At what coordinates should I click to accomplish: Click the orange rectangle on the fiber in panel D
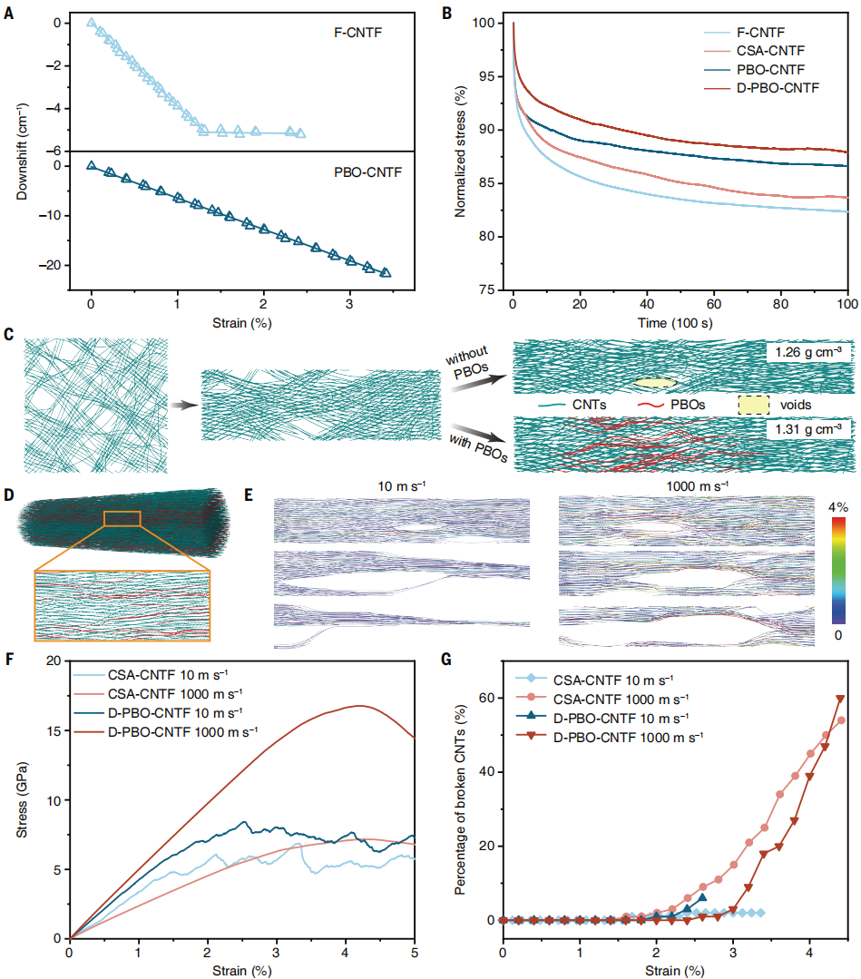(122, 518)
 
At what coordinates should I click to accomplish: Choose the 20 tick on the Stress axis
(54, 661)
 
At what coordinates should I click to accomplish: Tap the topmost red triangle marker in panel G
(841, 673)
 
